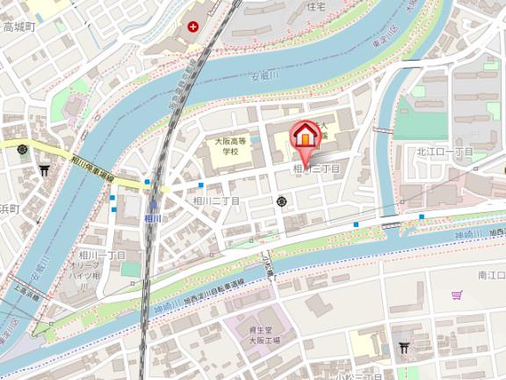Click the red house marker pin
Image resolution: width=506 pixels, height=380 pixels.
(x=304, y=135)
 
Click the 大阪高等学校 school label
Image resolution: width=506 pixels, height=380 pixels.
(x=231, y=145)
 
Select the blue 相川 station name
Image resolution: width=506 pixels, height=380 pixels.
(x=153, y=218)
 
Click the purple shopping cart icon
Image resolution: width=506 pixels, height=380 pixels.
(x=456, y=296)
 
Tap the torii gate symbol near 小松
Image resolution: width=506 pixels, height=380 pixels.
(x=404, y=347)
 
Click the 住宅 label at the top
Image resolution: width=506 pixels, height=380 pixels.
(x=316, y=5)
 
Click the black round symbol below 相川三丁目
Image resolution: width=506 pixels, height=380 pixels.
(x=282, y=202)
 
